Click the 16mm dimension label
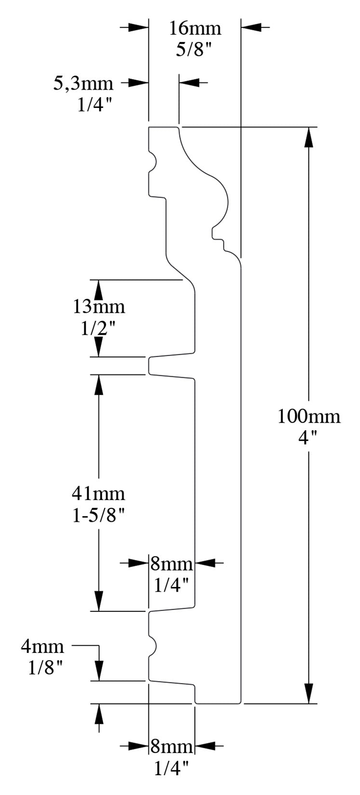pos(195,29)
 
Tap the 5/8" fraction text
pos(195,50)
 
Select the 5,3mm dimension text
pos(83,84)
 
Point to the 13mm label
pos(99,306)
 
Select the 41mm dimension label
pos(98,493)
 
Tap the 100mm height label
pos(309,416)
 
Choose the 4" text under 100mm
pos(309,437)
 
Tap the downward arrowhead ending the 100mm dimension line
pos(309,693)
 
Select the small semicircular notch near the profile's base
pos(152,645)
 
